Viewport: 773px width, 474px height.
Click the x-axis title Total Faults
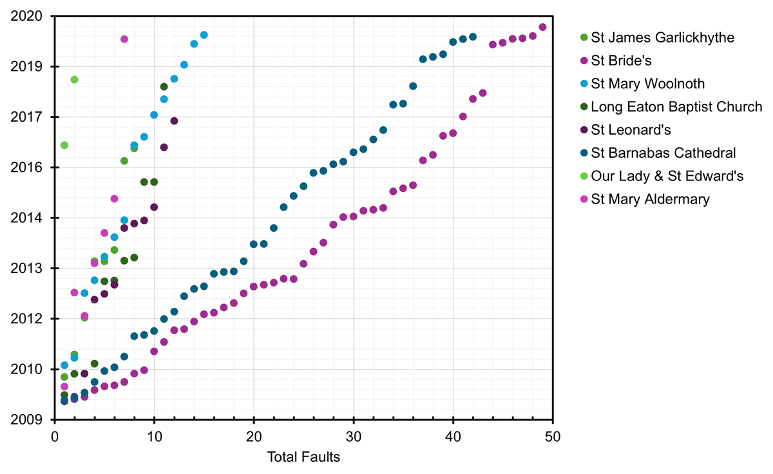[x=303, y=458]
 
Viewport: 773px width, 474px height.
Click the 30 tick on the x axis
[x=354, y=437]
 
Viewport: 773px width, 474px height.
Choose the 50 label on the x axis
[x=553, y=437]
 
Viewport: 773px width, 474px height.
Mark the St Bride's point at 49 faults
[x=542, y=27]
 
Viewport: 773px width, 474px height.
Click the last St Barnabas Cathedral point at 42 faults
[x=473, y=37]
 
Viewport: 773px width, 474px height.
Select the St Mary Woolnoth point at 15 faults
[x=204, y=35]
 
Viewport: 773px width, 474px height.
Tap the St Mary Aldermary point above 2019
[x=124, y=39]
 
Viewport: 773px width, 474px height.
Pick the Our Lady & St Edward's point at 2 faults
[x=74, y=80]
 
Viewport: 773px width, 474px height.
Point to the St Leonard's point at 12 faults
[x=174, y=121]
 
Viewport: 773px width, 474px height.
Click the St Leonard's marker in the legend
[x=584, y=130]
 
